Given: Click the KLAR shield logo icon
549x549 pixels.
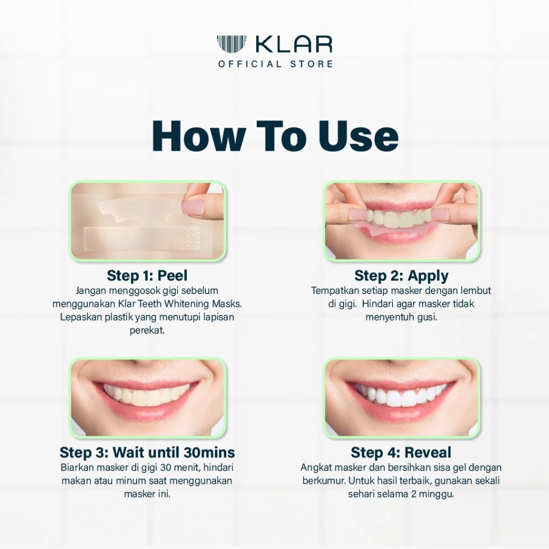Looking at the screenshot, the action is pyautogui.click(x=232, y=43).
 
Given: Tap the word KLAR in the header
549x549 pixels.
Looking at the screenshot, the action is pyautogui.click(x=294, y=44).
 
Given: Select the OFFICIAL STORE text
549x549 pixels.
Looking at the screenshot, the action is pyautogui.click(x=276, y=64).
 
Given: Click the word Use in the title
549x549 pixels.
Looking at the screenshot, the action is pyautogui.click(x=358, y=135).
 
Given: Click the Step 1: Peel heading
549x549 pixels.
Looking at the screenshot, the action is pyautogui.click(x=147, y=275).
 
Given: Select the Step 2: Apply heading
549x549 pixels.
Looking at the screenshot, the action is pyautogui.click(x=401, y=276).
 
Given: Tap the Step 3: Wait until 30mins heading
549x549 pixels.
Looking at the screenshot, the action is pyautogui.click(x=147, y=452).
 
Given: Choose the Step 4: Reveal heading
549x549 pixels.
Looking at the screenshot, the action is pyautogui.click(x=401, y=452).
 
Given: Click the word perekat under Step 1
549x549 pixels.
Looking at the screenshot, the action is pyautogui.click(x=147, y=330).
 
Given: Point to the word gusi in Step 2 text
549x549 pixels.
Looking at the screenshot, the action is pyautogui.click(x=427, y=317).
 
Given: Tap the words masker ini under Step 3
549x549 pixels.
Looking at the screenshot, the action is pyautogui.click(x=147, y=494).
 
